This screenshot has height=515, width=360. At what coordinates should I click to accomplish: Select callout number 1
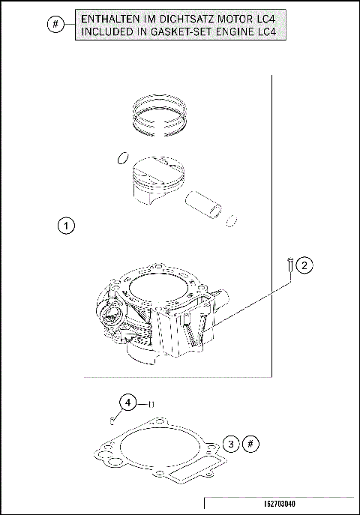pos(66,225)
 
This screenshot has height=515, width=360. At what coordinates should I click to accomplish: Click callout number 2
pos(304,265)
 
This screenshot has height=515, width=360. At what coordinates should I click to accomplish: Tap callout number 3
pos(232,444)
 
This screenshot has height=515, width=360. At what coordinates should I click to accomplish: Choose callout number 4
pos(129,403)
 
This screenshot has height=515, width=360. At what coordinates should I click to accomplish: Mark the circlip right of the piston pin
pos(233,220)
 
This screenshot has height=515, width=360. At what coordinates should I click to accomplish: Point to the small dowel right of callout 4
pos(151,404)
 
